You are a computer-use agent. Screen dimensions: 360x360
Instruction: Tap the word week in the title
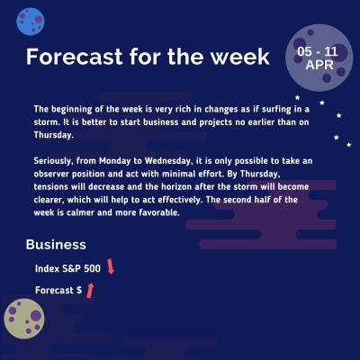[238, 57]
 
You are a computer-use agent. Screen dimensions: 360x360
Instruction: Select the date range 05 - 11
[318, 52]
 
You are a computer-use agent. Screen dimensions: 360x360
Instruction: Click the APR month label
[318, 66]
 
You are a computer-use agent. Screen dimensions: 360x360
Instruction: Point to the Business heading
[56, 245]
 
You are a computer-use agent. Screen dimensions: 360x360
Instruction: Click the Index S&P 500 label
[67, 268]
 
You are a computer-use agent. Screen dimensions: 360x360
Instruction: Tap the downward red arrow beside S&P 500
[111, 266]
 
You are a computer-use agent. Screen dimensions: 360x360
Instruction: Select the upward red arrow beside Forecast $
[90, 290]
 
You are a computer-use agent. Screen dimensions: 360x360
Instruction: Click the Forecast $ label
[58, 291]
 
